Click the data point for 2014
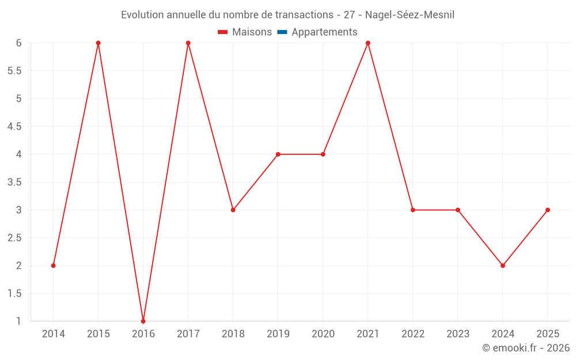pyautogui.click(x=53, y=266)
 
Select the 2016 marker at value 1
pyautogui.click(x=143, y=321)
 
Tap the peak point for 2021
pyautogui.click(x=367, y=43)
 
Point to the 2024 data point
pyautogui.click(x=503, y=266)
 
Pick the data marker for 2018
pyautogui.click(x=233, y=210)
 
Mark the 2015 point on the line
pyautogui.click(x=98, y=43)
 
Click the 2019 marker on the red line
pyautogui.click(x=278, y=154)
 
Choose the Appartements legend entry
pyautogui.click(x=324, y=32)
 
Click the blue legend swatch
pyautogui.click(x=282, y=32)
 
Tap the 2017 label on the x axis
pyautogui.click(x=188, y=334)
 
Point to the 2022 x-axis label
pyautogui.click(x=413, y=334)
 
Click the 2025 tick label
pyautogui.click(x=548, y=334)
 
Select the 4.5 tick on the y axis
pyautogui.click(x=14, y=127)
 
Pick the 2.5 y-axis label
pyautogui.click(x=14, y=238)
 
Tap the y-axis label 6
pyautogui.click(x=18, y=43)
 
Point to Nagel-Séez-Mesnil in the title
pyautogui.click(x=410, y=15)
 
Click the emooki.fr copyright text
pyautogui.click(x=526, y=348)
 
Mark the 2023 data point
pyautogui.click(x=458, y=210)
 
